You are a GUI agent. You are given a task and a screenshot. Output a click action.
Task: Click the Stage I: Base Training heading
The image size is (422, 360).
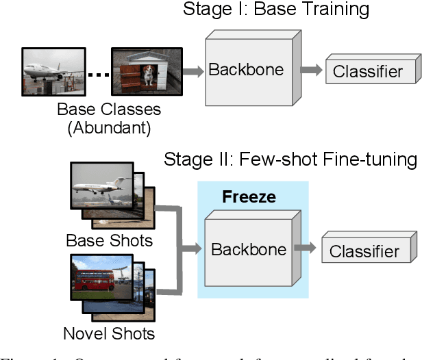[275, 10]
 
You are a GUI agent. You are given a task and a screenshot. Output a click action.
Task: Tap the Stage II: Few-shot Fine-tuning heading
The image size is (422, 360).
[290, 160]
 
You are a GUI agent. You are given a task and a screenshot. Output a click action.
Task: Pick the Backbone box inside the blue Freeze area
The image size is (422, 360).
[249, 249]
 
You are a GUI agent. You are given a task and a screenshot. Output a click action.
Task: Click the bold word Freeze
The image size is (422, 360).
[249, 197]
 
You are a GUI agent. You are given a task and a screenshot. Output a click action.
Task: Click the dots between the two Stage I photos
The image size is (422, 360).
[99, 74]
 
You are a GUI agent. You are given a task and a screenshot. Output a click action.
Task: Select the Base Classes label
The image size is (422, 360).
[109, 110]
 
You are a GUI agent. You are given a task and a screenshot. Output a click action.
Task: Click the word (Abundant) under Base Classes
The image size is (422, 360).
[109, 127]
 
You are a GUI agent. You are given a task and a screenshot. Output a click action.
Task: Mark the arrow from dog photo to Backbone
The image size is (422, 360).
[194, 70]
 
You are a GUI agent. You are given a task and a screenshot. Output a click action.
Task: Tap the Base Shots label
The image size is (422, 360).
[109, 241]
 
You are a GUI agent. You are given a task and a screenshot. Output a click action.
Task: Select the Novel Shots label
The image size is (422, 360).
[109, 334]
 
